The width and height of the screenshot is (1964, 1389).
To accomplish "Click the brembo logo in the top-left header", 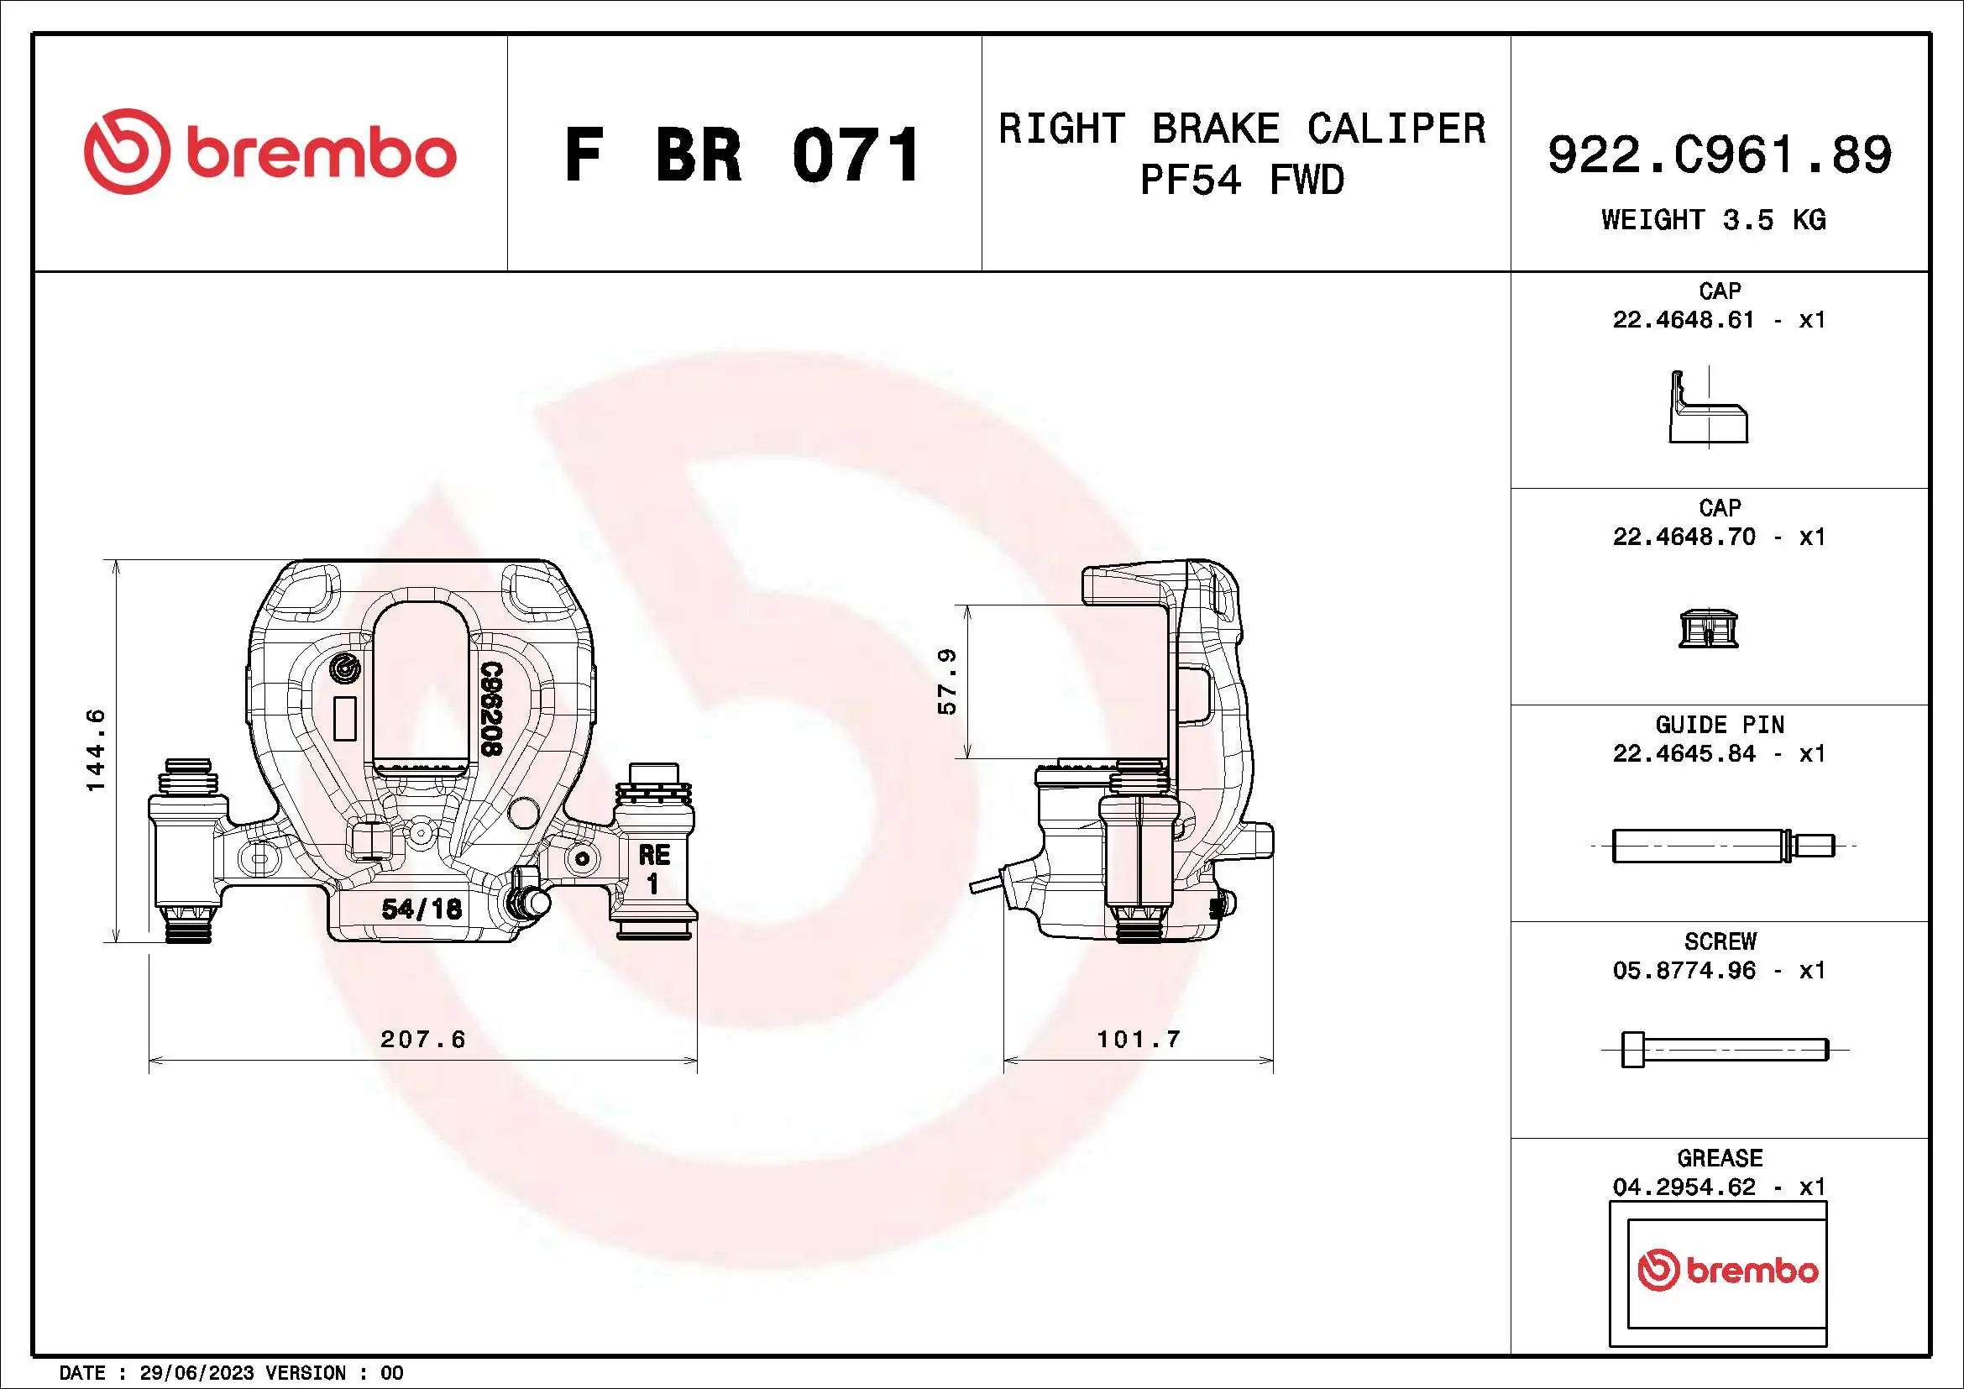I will [270, 152].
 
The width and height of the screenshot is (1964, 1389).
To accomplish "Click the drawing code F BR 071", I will [742, 155].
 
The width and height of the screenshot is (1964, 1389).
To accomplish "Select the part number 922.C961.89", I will [1720, 155].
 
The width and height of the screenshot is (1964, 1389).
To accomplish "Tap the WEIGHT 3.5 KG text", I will [1714, 220].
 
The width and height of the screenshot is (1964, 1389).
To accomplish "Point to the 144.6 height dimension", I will [96, 750].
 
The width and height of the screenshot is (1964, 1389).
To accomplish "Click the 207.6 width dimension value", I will [422, 1039].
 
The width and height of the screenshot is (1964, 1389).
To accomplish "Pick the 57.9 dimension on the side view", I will [947, 682].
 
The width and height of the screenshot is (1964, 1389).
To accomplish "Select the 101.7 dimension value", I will [1139, 1039].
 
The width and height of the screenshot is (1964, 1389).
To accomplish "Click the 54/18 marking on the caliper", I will [421, 909].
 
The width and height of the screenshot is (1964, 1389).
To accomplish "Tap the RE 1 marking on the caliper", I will [653, 868].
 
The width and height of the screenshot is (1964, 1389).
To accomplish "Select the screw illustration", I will [1724, 1050].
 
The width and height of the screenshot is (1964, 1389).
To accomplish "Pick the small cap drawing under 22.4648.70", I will [1707, 629].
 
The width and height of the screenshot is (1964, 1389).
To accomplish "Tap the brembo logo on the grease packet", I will [1727, 1270].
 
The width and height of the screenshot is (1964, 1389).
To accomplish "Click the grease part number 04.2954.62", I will [1683, 1187].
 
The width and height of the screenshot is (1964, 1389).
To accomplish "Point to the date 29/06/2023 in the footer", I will [196, 1373].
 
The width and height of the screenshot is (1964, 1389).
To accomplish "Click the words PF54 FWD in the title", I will [1242, 181].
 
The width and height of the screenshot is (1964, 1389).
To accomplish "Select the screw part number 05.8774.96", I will [1683, 971].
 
